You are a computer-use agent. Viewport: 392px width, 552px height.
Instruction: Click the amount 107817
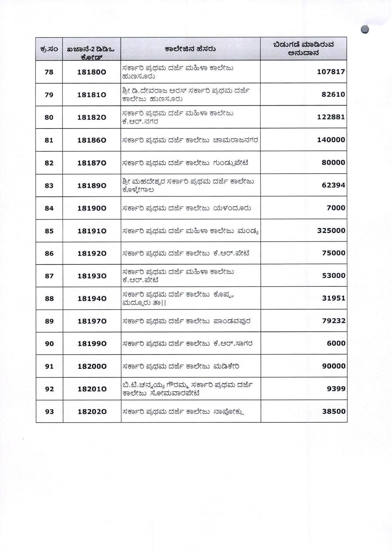tap(331, 72)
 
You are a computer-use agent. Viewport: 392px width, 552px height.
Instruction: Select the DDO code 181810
tap(92, 95)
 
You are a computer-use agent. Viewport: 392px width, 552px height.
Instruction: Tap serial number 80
tap(49, 117)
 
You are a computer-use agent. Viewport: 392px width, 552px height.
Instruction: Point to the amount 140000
tap(331, 140)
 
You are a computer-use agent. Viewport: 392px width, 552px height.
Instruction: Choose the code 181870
tap(92, 163)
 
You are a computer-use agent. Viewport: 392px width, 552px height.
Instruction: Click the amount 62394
tap(333, 185)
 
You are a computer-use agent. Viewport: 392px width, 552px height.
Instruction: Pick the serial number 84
tap(49, 208)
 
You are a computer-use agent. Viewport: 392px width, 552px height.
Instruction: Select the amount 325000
tap(331, 231)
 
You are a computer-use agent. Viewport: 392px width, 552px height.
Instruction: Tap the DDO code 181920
tap(92, 253)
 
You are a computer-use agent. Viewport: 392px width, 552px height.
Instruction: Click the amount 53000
tap(334, 276)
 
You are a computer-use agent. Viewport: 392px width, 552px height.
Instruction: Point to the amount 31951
tap(334, 298)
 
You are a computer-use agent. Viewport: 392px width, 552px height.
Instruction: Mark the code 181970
tap(92, 321)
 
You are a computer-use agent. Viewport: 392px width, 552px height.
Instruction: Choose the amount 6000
tap(336, 343)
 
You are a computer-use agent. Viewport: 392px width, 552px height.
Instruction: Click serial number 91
tap(49, 366)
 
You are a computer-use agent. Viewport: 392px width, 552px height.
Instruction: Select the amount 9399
tap(336, 389)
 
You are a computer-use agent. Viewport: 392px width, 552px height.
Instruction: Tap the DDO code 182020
tap(92, 412)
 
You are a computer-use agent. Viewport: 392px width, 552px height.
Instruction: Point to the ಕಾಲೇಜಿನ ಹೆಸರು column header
tap(190, 49)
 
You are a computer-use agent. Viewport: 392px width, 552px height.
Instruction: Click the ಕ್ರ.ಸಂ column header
tap(49, 49)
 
